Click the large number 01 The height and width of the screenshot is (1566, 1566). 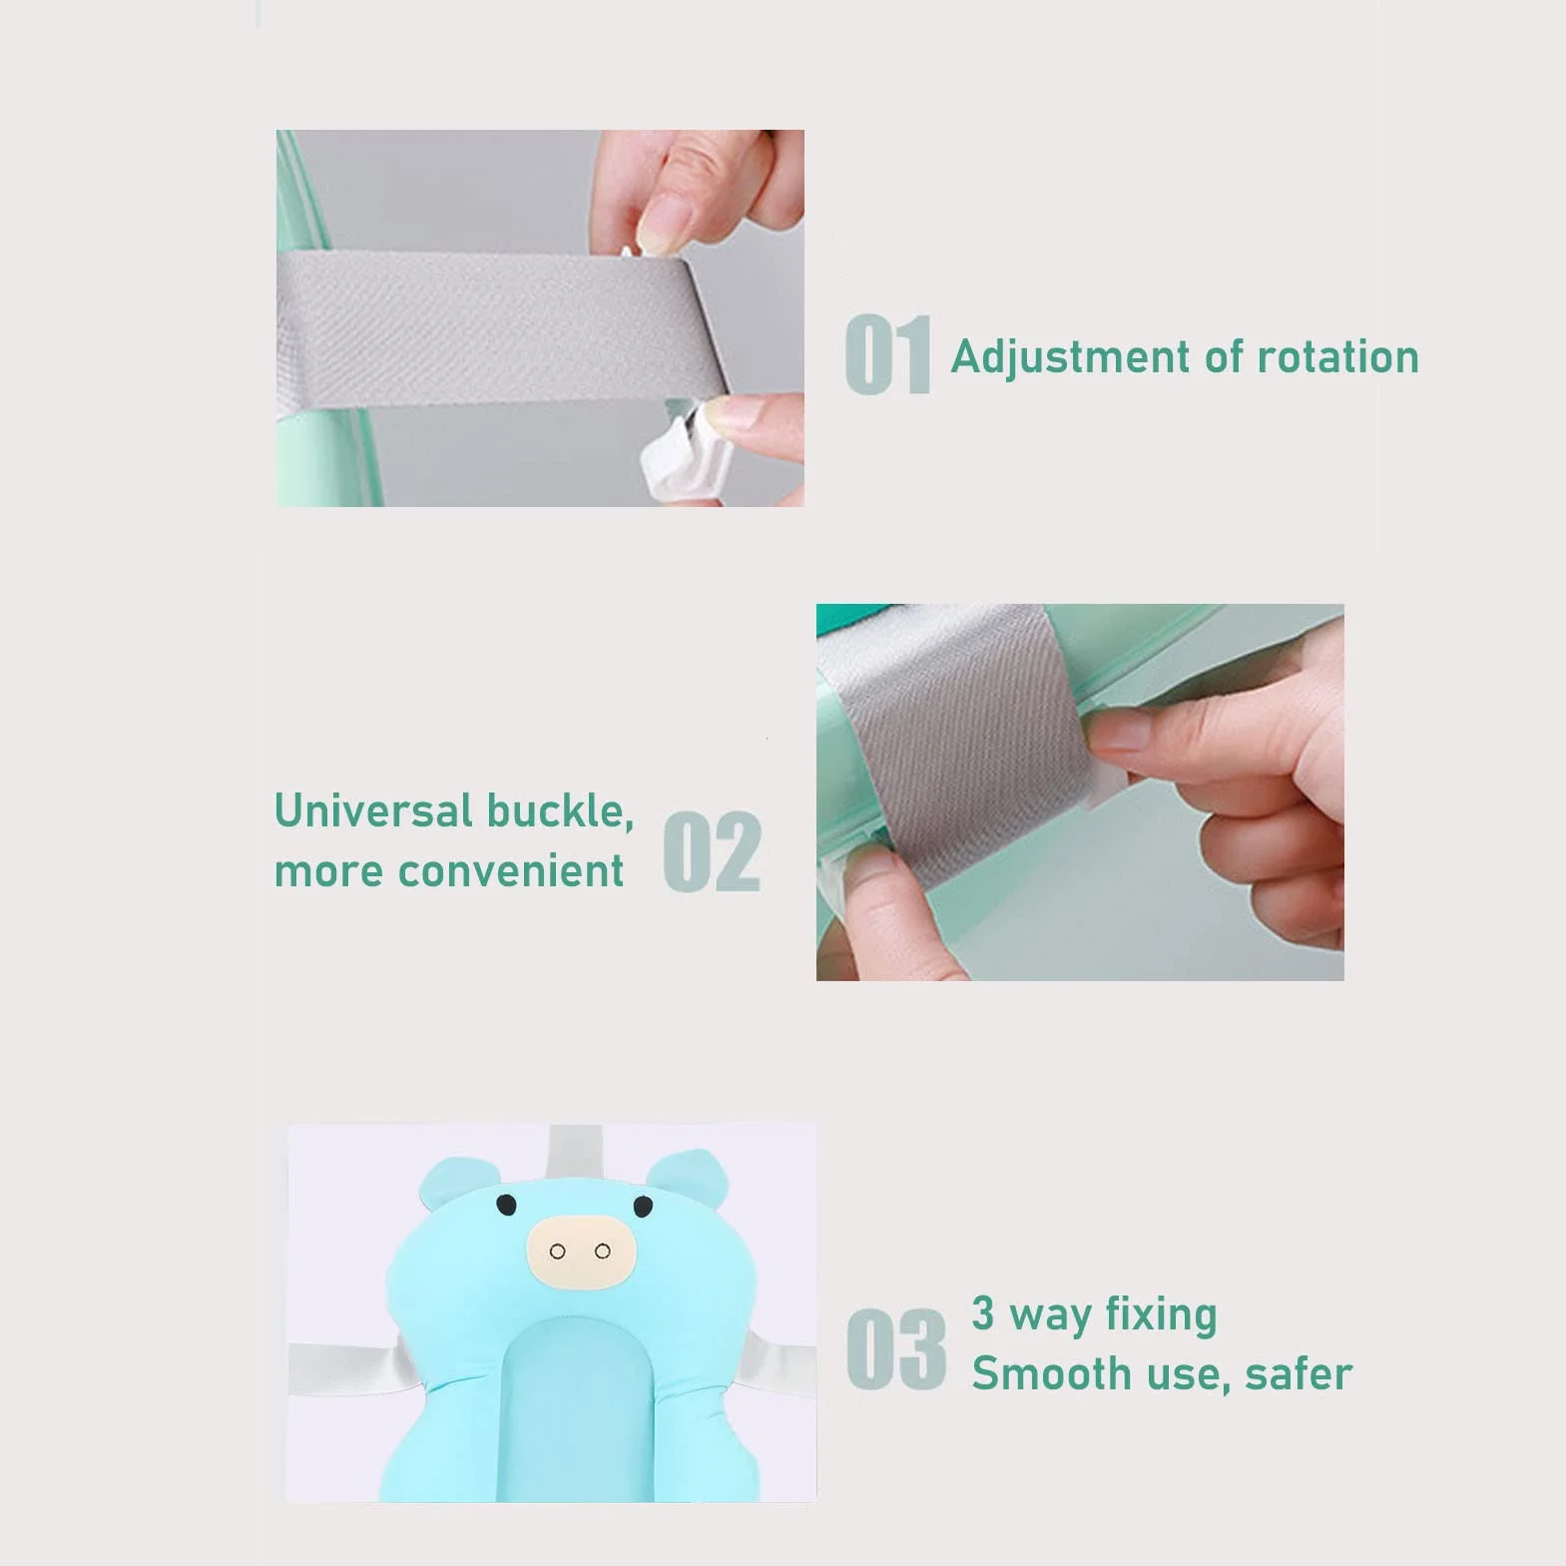[887, 354]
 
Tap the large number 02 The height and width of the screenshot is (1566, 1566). [713, 851]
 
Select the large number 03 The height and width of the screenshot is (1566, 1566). [896, 1348]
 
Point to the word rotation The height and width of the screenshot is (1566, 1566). [1337, 357]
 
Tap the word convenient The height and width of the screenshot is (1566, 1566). [510, 871]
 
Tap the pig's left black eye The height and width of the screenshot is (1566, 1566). [507, 1206]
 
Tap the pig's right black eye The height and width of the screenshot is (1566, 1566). [643, 1207]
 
